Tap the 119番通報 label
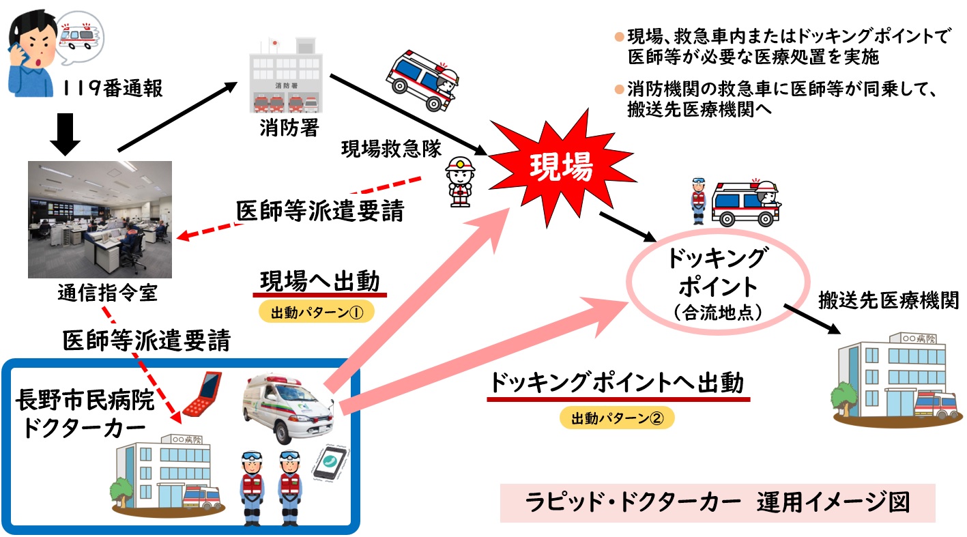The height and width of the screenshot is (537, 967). click(112, 88)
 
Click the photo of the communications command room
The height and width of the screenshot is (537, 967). click(100, 219)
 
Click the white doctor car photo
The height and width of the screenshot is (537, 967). click(287, 407)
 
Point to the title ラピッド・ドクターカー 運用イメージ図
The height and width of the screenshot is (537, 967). click(717, 503)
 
